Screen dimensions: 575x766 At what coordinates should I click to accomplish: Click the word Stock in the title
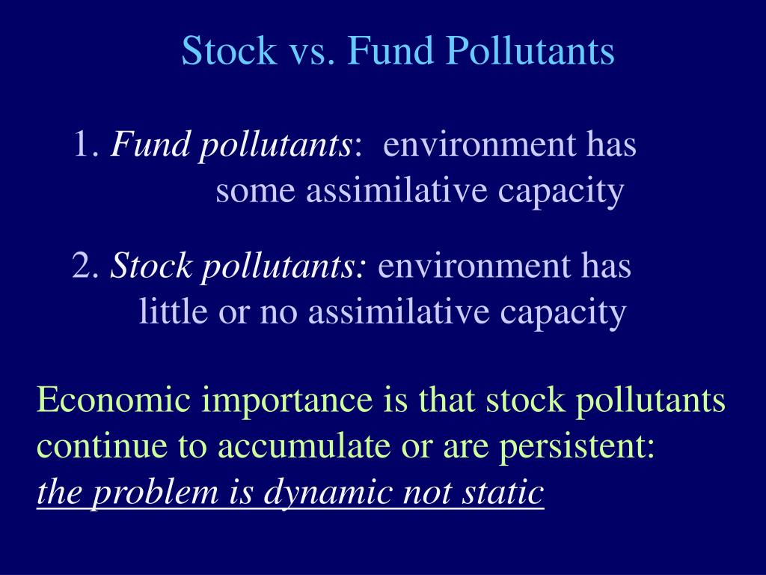click(x=228, y=52)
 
